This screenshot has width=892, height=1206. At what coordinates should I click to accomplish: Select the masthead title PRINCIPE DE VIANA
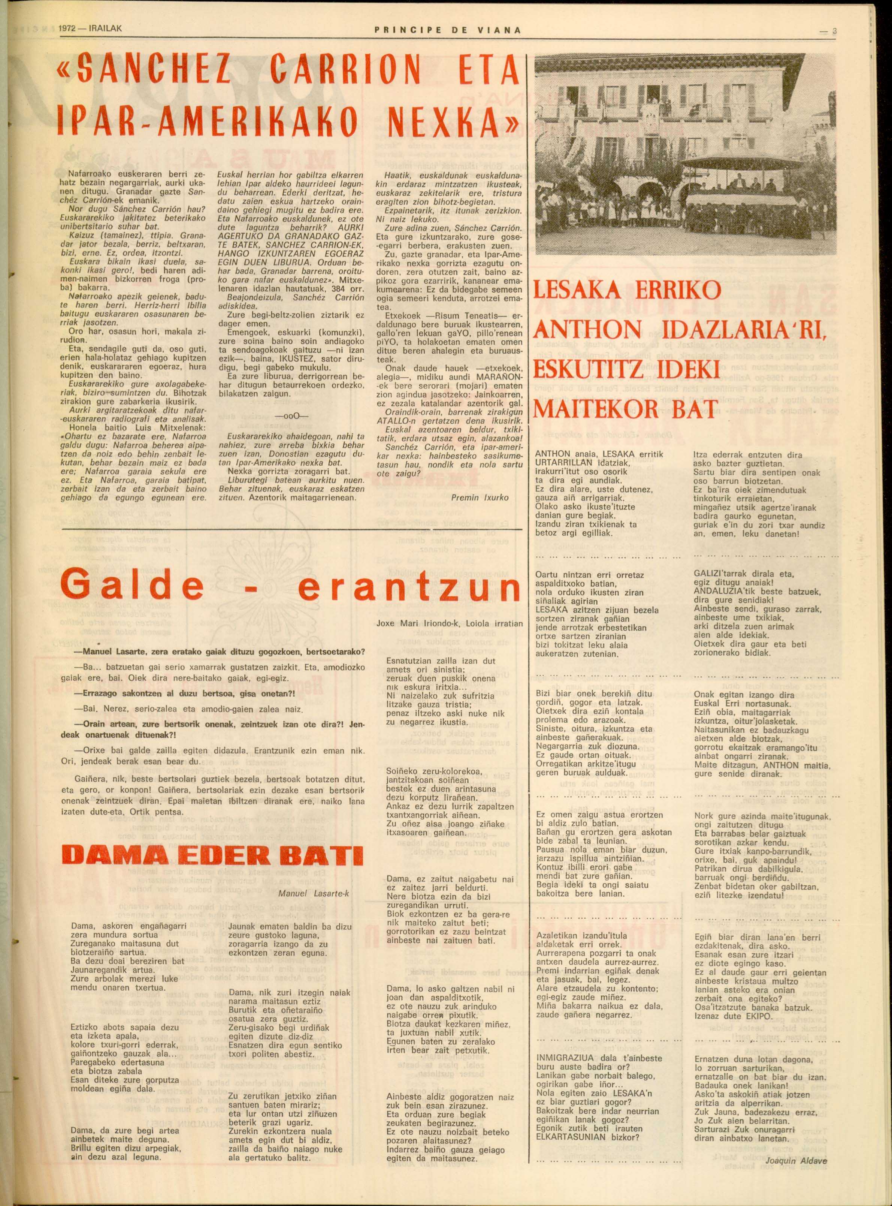click(x=448, y=30)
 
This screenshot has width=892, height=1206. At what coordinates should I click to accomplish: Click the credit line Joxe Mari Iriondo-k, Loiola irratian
click(x=449, y=623)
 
